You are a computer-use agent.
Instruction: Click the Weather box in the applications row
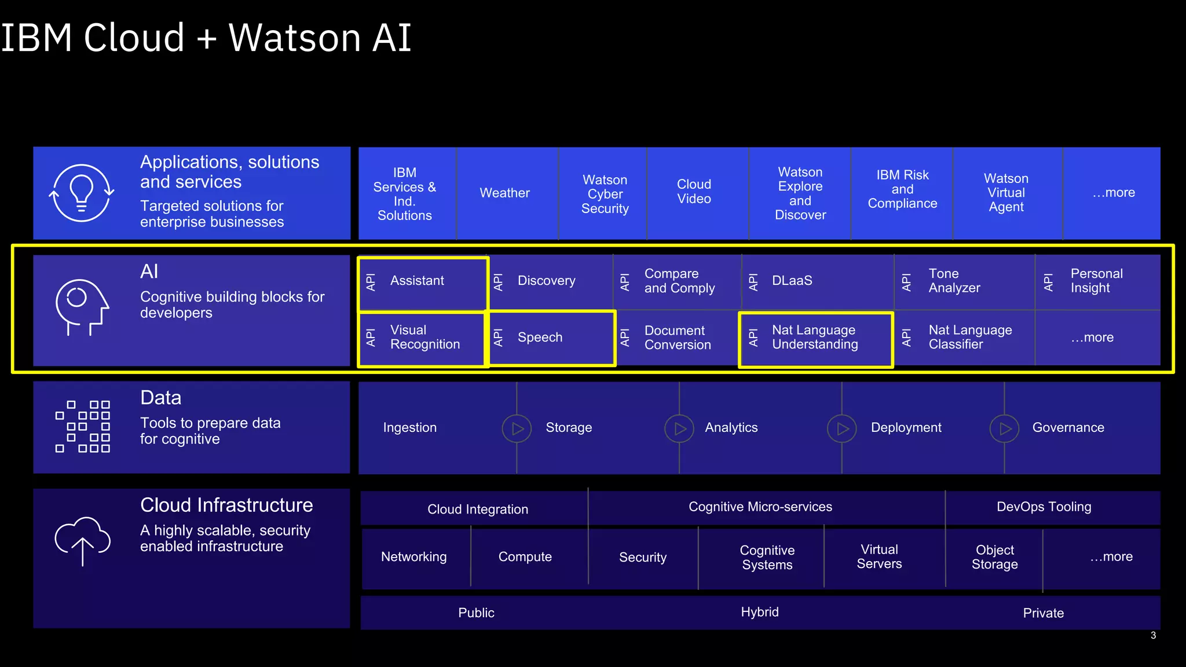(x=505, y=193)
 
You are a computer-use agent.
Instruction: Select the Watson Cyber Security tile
(x=605, y=194)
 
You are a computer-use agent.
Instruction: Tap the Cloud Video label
(x=694, y=192)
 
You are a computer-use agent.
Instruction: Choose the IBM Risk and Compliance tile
(x=902, y=189)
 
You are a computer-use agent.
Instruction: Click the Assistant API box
(x=423, y=283)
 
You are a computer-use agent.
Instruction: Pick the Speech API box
(x=552, y=338)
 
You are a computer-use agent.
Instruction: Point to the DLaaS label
(x=792, y=281)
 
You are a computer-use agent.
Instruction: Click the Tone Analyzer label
(x=954, y=281)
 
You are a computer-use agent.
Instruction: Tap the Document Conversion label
(x=677, y=338)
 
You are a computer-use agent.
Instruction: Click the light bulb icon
(x=82, y=193)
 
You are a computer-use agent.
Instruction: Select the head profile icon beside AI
(x=82, y=307)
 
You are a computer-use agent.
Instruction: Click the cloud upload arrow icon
(x=82, y=541)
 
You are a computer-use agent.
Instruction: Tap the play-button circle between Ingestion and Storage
(x=517, y=428)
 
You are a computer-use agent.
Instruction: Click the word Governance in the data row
(x=1068, y=428)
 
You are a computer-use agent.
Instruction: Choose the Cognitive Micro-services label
(x=760, y=507)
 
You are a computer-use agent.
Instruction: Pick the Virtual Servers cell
(x=879, y=557)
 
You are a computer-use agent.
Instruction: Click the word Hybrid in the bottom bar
(x=759, y=613)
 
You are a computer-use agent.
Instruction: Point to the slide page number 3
(x=1153, y=636)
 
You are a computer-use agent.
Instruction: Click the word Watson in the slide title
(x=295, y=38)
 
